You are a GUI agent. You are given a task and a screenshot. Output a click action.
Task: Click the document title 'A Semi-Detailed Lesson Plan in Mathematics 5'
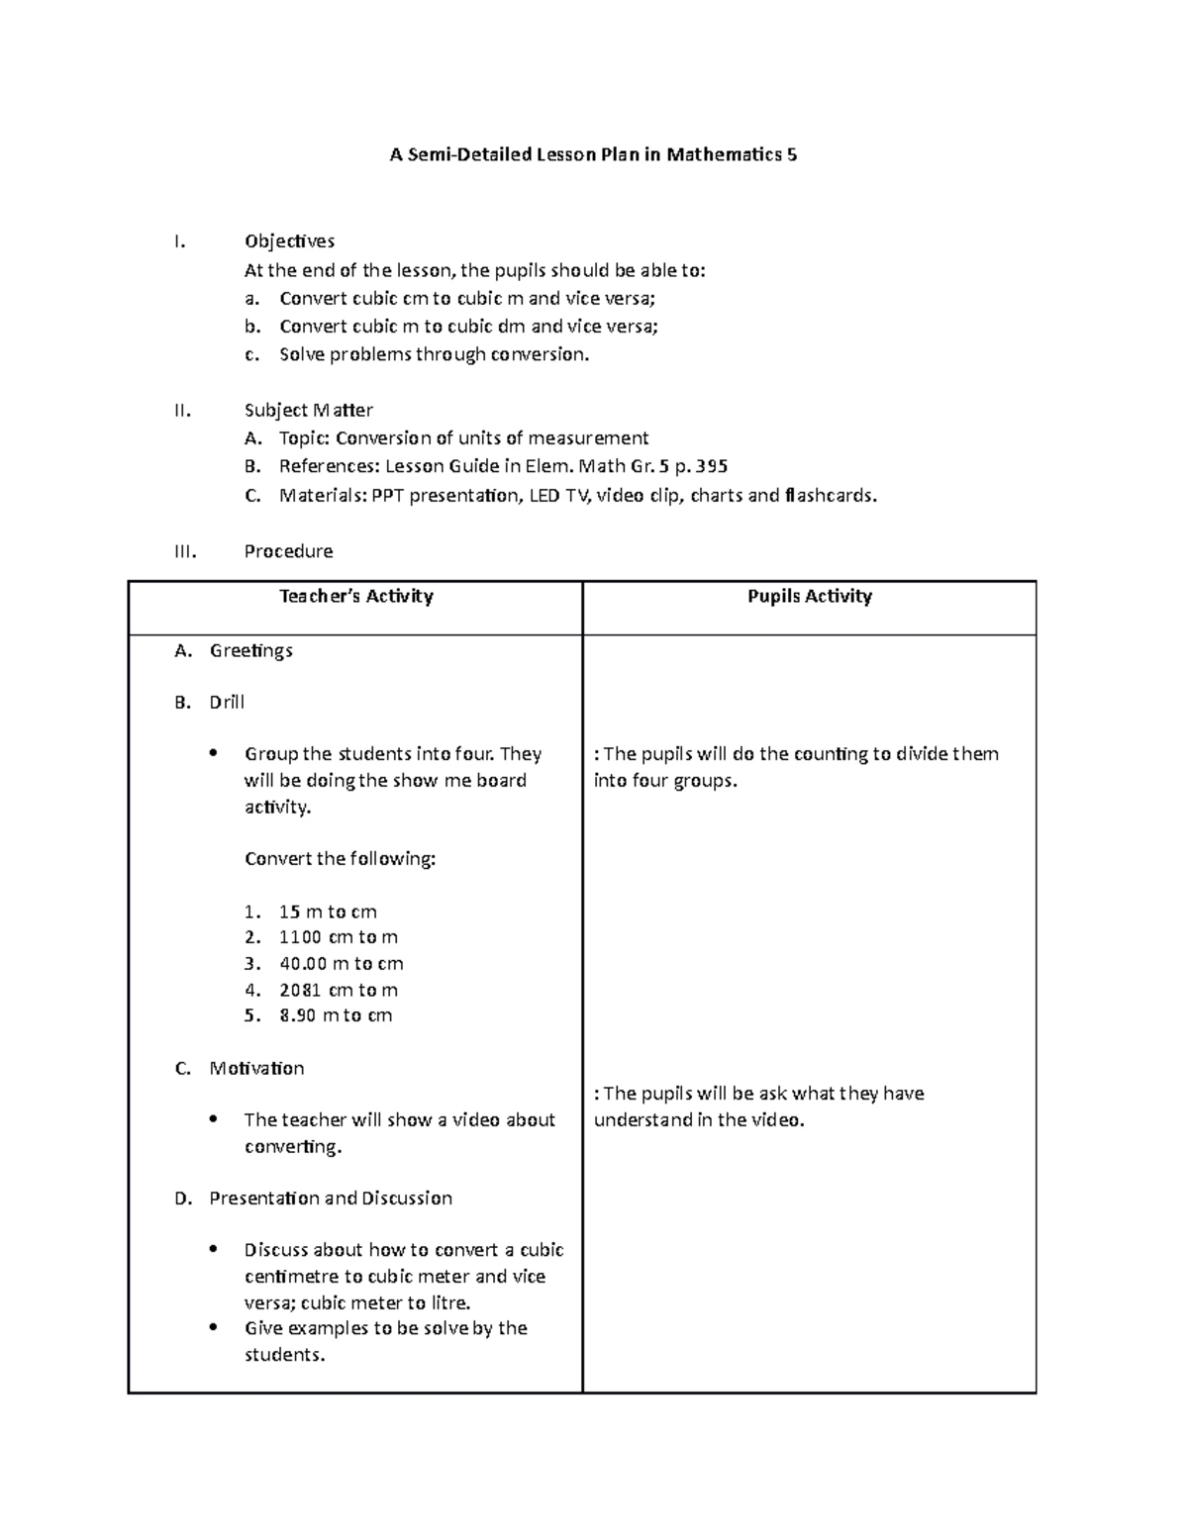[x=593, y=154]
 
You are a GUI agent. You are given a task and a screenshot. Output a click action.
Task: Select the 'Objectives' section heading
[x=289, y=241]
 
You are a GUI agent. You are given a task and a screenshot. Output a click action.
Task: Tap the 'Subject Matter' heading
[x=308, y=410]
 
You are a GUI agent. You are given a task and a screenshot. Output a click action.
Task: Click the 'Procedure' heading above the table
[x=288, y=551]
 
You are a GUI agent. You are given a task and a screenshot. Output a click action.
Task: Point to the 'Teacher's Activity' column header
[x=356, y=596]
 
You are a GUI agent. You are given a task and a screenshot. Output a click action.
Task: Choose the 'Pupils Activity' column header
[x=809, y=596]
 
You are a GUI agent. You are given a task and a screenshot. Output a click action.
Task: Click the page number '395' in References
[x=711, y=466]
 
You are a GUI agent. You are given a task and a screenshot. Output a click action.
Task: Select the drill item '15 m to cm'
[x=328, y=912]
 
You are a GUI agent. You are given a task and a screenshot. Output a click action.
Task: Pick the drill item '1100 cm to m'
[x=338, y=937]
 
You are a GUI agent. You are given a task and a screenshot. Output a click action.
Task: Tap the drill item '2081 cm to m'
[x=338, y=990]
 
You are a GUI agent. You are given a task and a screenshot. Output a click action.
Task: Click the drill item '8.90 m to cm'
[x=336, y=1015]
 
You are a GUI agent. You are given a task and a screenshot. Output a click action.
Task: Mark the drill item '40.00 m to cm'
[x=341, y=964]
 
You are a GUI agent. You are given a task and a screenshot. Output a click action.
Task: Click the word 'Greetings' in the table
[x=250, y=650]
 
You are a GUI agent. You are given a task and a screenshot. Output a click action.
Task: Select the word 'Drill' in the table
[x=227, y=702]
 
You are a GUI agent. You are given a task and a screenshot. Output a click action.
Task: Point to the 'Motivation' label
[x=256, y=1068]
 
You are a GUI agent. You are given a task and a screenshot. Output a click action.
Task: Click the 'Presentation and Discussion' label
[x=331, y=1199]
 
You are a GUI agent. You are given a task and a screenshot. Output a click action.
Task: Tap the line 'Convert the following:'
[x=340, y=859]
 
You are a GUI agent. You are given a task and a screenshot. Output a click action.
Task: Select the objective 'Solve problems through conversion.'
[x=434, y=354]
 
